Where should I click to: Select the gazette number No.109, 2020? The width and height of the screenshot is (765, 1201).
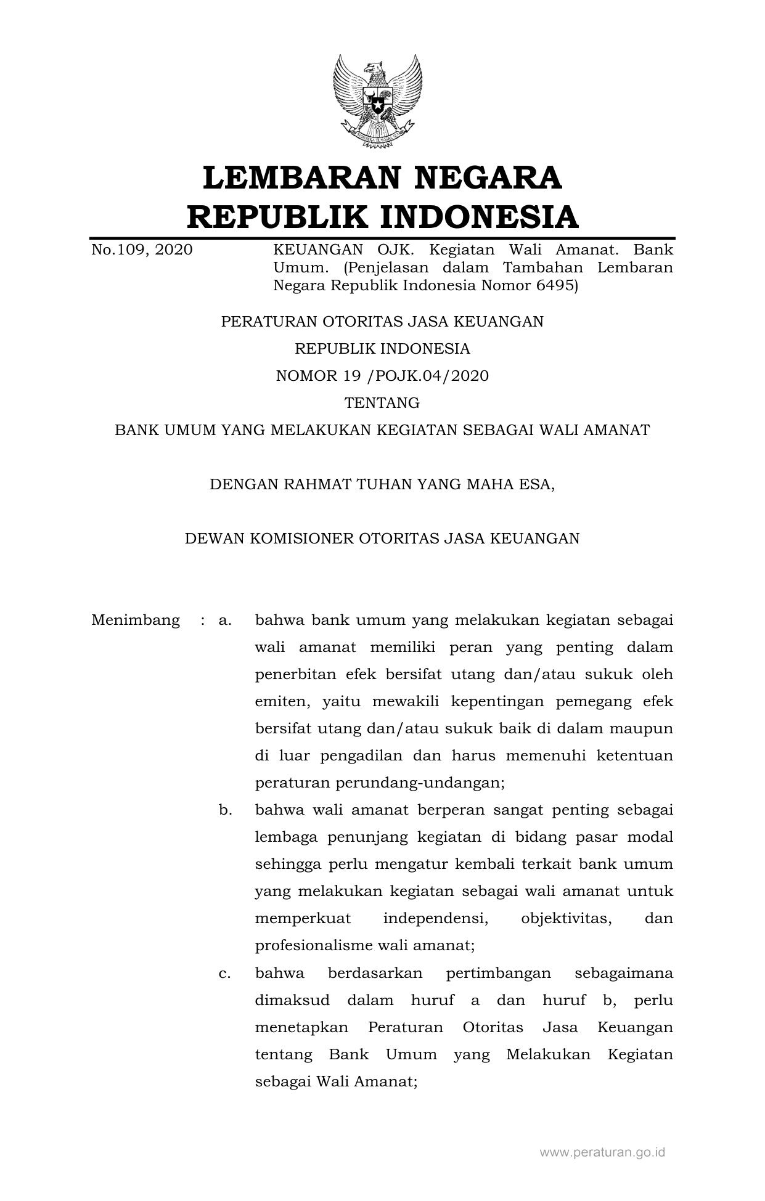click(x=142, y=250)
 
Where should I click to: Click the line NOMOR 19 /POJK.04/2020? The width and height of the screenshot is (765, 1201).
click(x=382, y=376)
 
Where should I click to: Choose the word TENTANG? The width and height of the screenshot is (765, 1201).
click(x=382, y=403)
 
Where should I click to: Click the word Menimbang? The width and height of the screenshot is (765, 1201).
click(x=136, y=620)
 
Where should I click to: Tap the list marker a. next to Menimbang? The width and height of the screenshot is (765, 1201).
click(x=225, y=620)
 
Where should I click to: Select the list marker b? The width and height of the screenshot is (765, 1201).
click(x=225, y=810)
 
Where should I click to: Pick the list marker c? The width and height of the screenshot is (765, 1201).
click(x=225, y=974)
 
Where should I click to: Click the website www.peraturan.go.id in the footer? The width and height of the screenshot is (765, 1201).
click(x=602, y=1152)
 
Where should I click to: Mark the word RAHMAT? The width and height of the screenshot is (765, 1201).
click(x=312, y=484)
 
